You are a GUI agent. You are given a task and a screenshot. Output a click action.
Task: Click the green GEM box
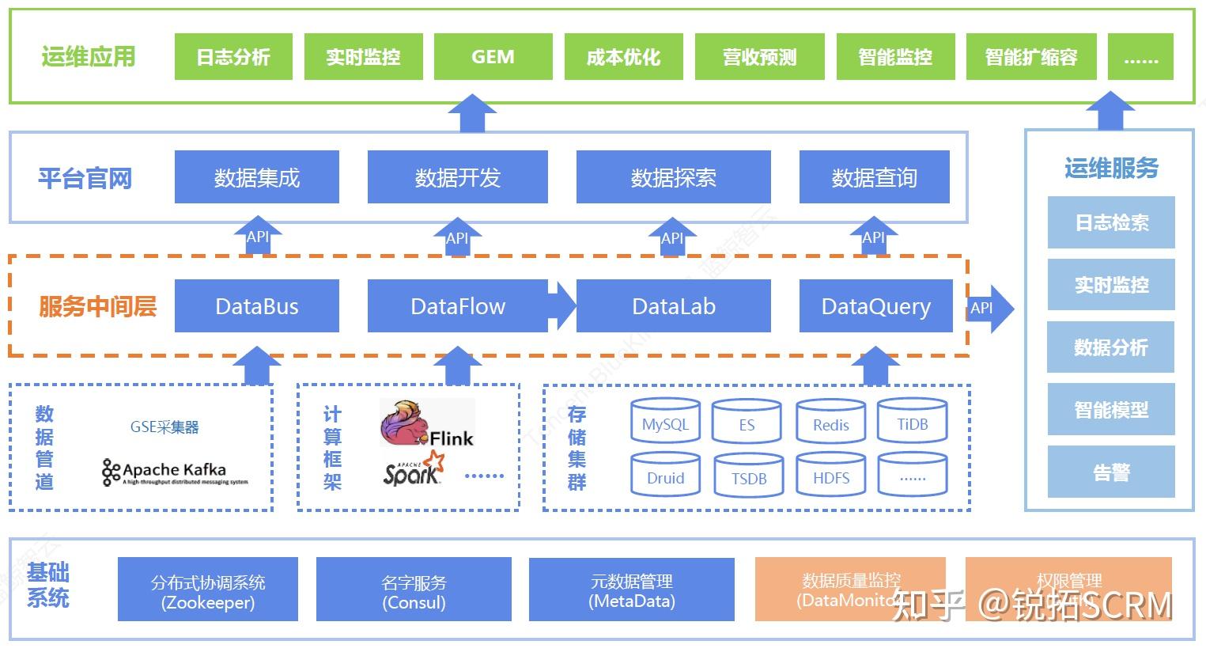point(493,57)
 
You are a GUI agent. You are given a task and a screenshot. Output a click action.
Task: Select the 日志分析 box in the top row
point(233,57)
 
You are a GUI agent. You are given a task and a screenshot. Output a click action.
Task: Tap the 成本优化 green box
point(623,57)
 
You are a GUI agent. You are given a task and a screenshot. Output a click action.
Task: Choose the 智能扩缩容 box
point(1030,57)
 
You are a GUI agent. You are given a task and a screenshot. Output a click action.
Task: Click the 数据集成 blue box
point(257,178)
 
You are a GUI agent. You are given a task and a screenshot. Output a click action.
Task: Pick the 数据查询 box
point(874,178)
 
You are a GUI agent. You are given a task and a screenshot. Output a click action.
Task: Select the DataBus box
point(257,306)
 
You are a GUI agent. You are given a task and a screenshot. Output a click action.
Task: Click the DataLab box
point(673,306)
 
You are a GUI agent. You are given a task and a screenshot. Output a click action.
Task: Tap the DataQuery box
point(875,306)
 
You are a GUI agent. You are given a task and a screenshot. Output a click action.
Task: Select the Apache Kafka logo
point(175,472)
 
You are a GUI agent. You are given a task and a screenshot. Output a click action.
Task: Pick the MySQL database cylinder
point(665,423)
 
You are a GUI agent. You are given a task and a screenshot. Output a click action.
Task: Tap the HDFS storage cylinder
point(831,476)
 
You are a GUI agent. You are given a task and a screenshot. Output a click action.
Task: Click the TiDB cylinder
point(912,423)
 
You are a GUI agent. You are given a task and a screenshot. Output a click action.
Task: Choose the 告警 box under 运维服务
point(1110,472)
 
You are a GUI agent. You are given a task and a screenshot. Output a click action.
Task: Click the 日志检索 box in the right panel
point(1110,223)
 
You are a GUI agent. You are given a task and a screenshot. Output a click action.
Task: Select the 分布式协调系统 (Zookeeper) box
point(208,590)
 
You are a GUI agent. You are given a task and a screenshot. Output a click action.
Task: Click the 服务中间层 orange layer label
point(97,306)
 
